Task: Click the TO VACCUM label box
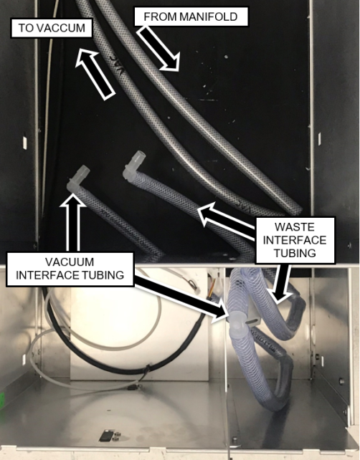point(52,28)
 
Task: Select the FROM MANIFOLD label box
point(191,16)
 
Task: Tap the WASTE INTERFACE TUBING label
point(295,240)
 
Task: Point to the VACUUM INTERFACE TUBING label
point(70,269)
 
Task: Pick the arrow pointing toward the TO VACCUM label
point(95,74)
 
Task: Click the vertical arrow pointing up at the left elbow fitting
point(73,224)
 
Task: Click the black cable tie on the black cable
point(148,370)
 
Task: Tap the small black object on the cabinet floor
point(105,436)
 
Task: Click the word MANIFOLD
point(209,16)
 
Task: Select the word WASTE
point(295,227)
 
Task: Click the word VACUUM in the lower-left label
point(70,262)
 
